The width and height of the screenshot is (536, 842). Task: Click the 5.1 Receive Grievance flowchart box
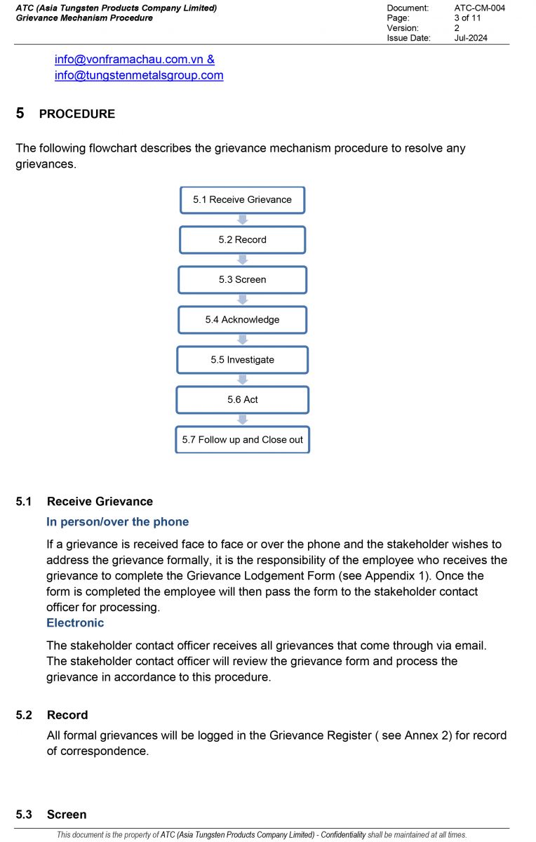242,200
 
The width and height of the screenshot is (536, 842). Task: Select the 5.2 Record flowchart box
242,240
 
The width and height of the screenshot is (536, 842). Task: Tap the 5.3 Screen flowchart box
242,280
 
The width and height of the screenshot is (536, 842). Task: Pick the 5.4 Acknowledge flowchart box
242,320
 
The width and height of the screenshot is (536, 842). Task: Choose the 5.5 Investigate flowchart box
242,360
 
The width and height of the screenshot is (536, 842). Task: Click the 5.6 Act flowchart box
242,400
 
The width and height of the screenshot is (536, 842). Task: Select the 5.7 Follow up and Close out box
242,440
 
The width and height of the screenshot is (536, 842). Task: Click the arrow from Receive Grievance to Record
243,220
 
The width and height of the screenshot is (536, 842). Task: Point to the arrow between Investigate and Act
243,380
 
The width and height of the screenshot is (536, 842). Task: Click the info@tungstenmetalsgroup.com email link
139,76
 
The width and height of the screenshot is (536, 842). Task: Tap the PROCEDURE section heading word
77,114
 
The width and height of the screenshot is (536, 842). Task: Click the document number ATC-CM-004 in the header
479,8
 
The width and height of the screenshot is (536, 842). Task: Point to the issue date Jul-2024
471,38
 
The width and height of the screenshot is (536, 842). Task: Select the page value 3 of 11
467,18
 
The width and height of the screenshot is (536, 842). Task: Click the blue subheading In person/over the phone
117,522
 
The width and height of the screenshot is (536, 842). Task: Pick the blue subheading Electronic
75,623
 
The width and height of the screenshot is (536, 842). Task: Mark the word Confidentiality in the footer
343,835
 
